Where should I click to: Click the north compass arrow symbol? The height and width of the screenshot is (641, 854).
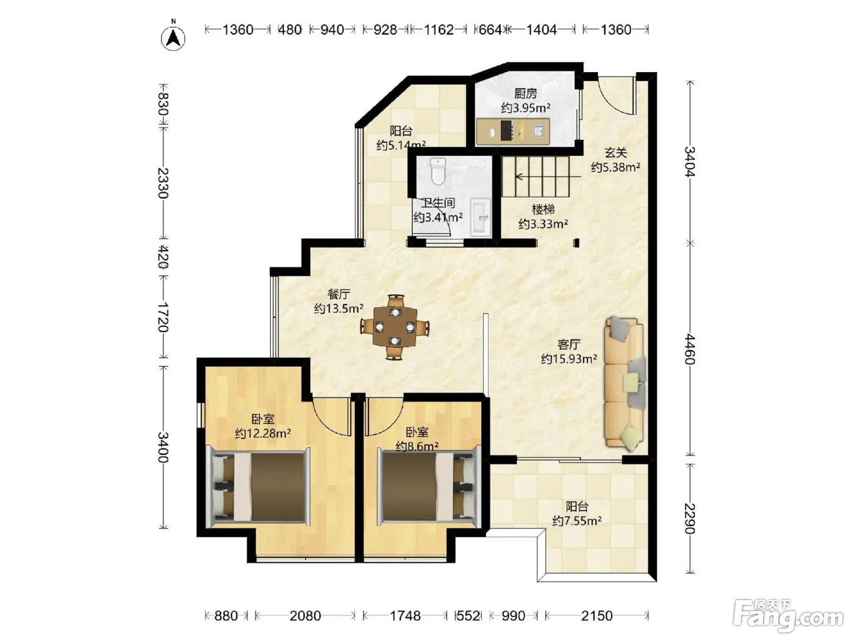tap(173, 38)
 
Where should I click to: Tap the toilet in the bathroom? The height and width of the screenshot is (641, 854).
tap(438, 172)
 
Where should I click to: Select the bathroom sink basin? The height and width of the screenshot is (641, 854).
tap(481, 217)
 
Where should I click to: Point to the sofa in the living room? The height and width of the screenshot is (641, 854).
tap(625, 383)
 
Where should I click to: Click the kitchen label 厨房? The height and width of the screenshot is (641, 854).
tap(525, 93)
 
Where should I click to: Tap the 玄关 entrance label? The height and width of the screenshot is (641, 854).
tap(615, 153)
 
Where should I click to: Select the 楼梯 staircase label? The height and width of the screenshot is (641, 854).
tap(543, 209)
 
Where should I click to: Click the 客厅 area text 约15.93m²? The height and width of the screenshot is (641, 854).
tap(569, 358)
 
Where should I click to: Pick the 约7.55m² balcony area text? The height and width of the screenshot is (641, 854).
tap(577, 520)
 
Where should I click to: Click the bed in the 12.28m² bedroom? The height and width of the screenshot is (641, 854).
tap(259, 487)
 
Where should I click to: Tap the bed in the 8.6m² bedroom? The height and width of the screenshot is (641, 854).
tap(429, 487)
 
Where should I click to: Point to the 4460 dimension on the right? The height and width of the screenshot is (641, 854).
tap(690, 349)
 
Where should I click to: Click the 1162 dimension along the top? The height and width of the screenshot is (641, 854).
tap(439, 29)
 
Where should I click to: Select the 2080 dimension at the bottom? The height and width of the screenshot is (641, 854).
tap(305, 616)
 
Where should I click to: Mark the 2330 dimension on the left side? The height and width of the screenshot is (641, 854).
tap(163, 183)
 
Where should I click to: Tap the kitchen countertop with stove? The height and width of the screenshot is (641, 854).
tap(513, 131)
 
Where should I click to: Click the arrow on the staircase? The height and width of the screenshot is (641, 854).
tap(548, 176)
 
